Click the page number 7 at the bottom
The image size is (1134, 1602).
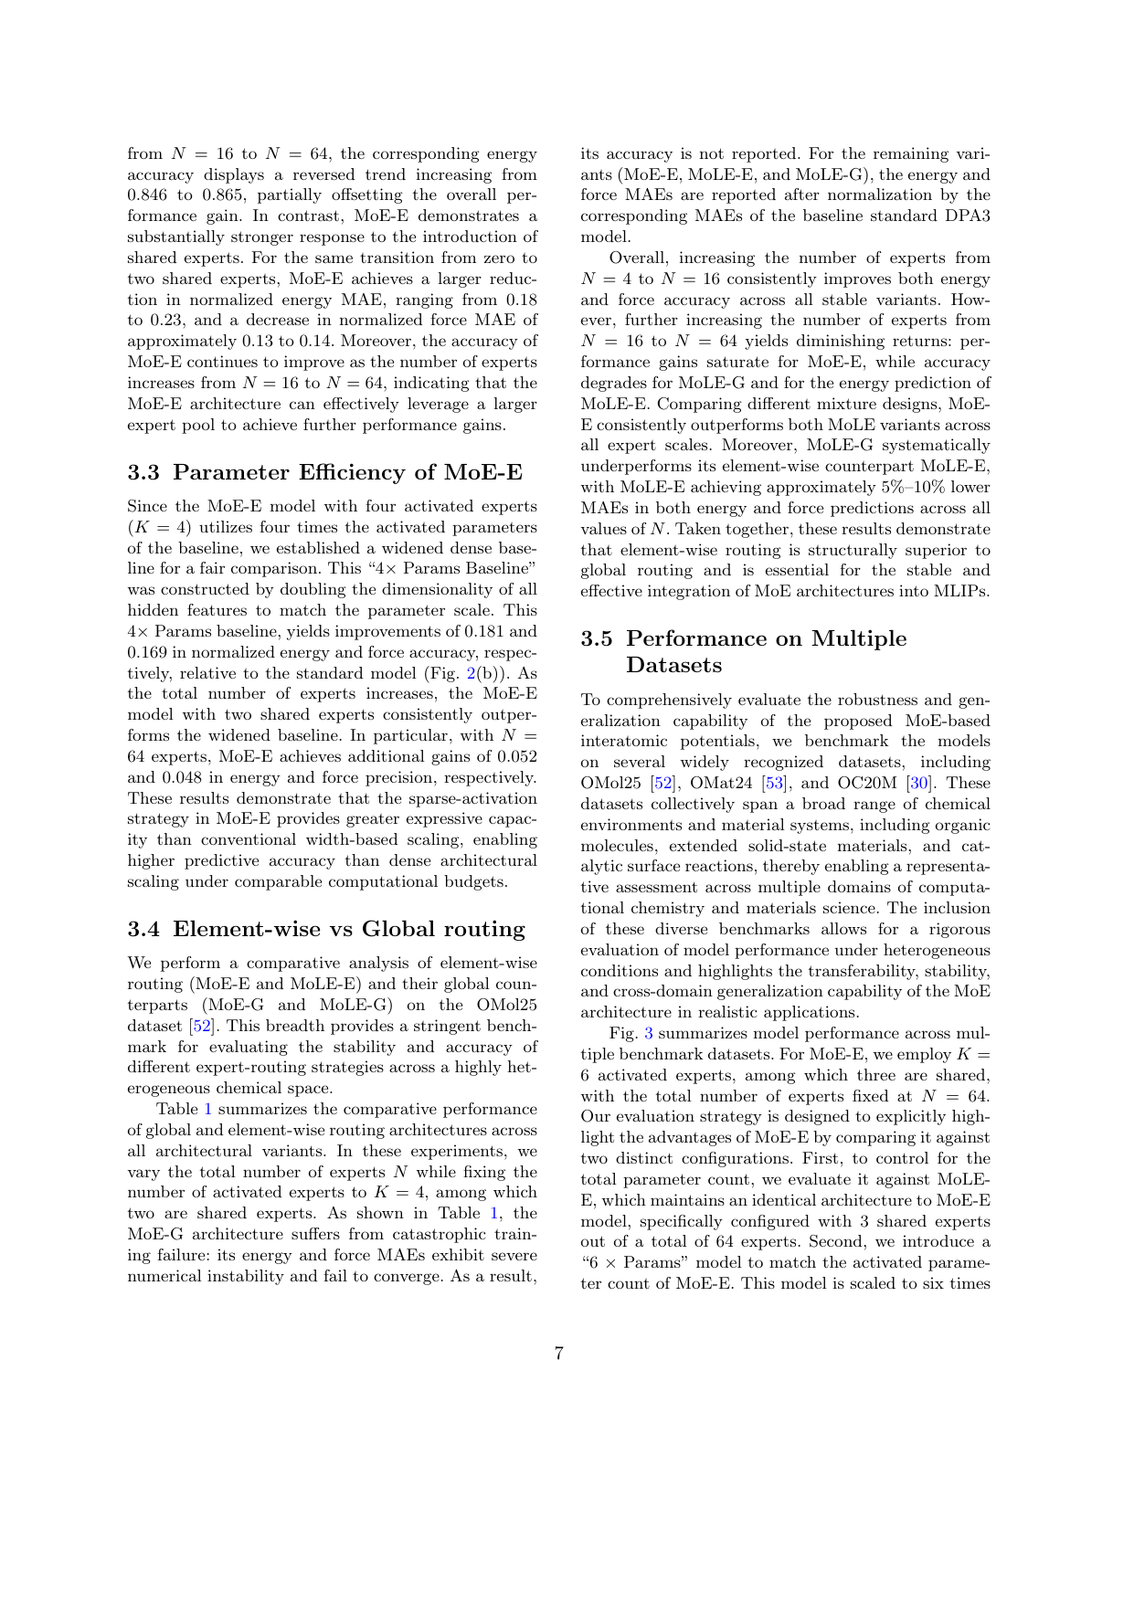[x=558, y=1354]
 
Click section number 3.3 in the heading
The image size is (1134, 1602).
[x=143, y=472]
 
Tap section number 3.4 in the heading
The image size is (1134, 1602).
[x=143, y=929]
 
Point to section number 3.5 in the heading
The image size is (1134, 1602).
[x=597, y=638]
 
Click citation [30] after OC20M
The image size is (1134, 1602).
[x=917, y=783]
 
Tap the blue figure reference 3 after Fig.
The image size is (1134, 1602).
[x=649, y=1033]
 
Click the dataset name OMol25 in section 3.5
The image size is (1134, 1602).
[x=608, y=783]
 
